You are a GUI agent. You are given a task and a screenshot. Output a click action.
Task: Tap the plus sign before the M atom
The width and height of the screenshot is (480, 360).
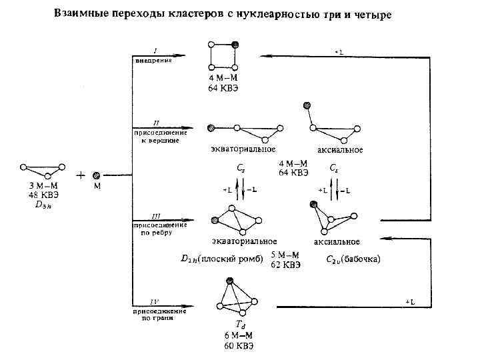click(x=81, y=176)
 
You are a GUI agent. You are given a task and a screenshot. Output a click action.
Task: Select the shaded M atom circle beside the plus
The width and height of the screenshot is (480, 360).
click(x=97, y=176)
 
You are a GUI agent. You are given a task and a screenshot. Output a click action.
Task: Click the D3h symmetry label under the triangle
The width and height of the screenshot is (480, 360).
click(x=43, y=205)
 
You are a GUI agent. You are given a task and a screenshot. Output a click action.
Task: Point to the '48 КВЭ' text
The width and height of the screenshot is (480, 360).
click(x=43, y=195)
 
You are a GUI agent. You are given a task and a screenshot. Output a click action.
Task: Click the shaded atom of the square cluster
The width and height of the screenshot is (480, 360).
click(x=235, y=44)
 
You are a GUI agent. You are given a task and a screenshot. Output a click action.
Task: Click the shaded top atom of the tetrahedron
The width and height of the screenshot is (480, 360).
click(x=229, y=281)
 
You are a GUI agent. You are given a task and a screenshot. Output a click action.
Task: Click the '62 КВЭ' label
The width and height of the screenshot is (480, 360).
click(x=286, y=265)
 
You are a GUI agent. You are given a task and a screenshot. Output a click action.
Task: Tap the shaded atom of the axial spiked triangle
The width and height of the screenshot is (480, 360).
click(x=307, y=105)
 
